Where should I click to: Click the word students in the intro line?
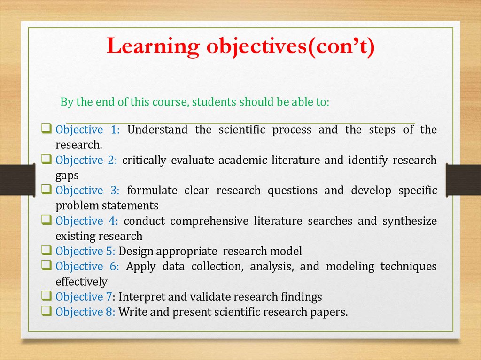tap(214, 102)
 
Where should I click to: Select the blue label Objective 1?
tap(88, 130)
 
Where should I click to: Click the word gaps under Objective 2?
tap(67, 176)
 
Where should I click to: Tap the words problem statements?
tap(107, 206)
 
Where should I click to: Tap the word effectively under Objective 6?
tap(81, 282)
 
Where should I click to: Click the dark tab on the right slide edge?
tap(463, 180)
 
